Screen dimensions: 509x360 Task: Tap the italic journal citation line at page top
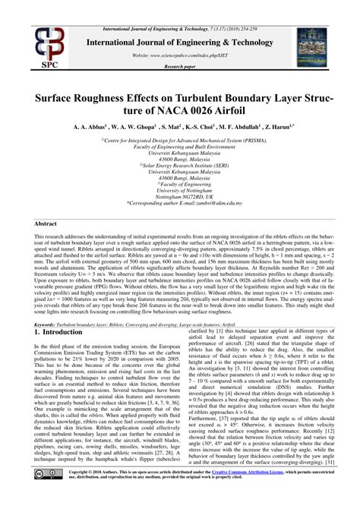[180, 6]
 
